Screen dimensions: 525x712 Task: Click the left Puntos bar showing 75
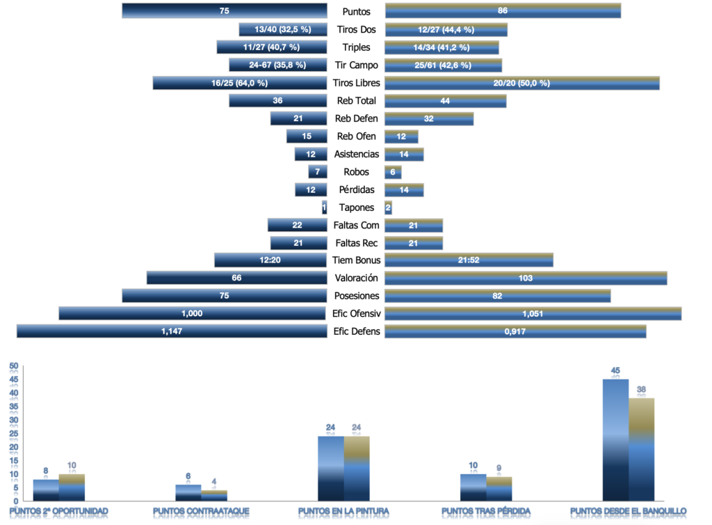[224, 11]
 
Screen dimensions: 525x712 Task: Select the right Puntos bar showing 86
[502, 11]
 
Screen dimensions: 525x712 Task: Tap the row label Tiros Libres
[356, 83]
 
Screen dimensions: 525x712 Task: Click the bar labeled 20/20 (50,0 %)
[521, 83]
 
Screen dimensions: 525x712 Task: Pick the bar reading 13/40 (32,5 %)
[282, 29]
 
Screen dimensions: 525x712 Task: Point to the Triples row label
[356, 47]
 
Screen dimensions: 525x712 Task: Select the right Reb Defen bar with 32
[428, 118]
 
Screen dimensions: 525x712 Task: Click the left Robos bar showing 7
[318, 172]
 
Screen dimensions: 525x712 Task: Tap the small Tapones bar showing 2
[388, 207]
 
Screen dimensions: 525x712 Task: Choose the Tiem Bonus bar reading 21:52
[469, 260]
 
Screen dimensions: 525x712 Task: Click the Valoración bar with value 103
[526, 279]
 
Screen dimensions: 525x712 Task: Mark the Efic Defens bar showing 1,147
[172, 331]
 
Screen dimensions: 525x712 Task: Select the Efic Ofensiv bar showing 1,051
[533, 313]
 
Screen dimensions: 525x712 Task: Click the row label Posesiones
[356, 296]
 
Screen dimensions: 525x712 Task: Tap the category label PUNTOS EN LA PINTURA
[343, 512]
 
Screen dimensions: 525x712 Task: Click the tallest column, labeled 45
[615, 439]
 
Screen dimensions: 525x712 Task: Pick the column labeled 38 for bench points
[642, 449]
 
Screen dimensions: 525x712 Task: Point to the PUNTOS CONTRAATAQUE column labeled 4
[214, 495]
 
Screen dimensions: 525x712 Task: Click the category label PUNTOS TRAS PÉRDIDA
[486, 512]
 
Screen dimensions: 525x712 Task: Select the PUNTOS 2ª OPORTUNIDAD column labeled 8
[46, 489]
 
